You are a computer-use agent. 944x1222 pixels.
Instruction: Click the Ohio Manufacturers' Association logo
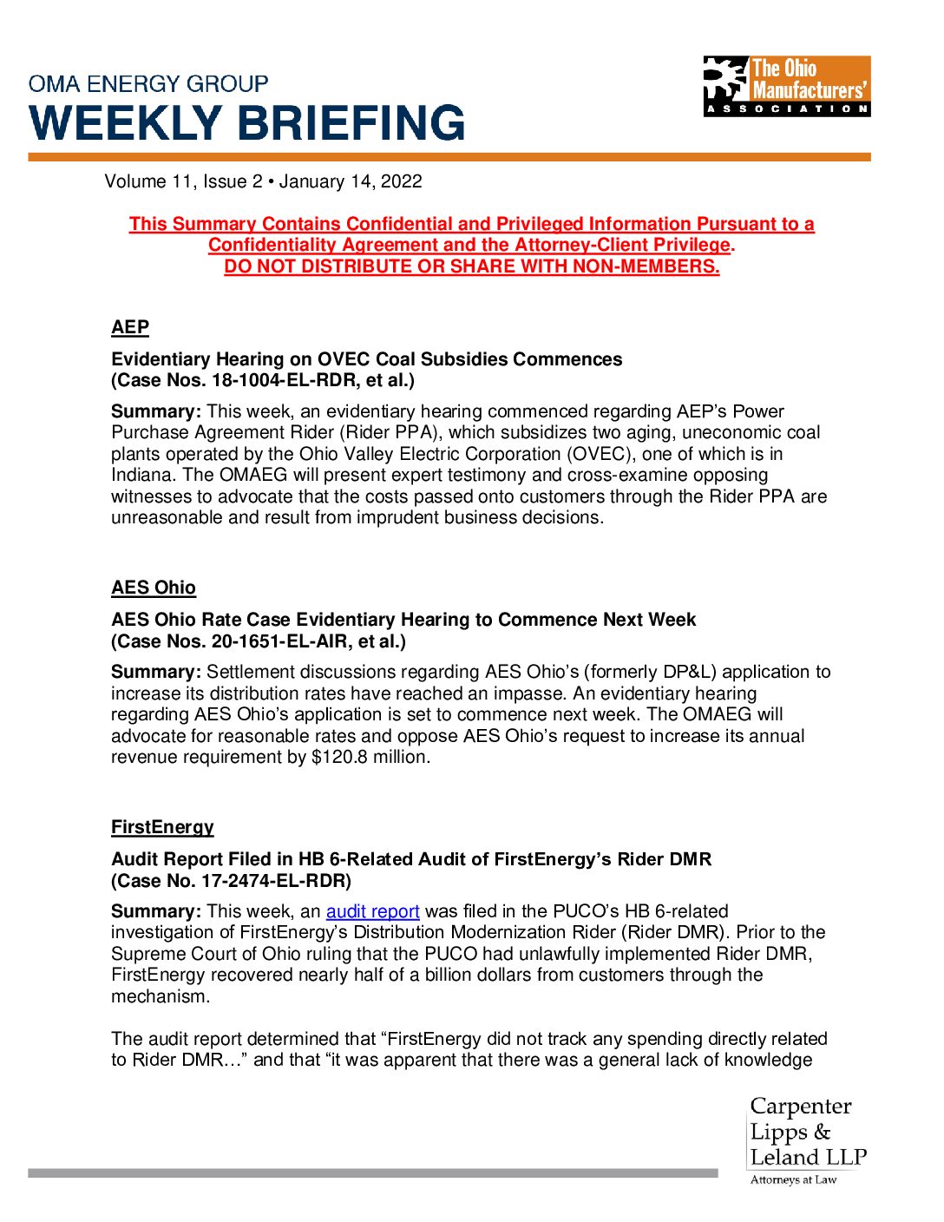click(786, 86)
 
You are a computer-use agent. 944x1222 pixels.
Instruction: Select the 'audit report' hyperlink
click(372, 911)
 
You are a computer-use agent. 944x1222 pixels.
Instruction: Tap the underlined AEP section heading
click(130, 327)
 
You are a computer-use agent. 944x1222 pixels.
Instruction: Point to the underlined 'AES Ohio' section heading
click(154, 588)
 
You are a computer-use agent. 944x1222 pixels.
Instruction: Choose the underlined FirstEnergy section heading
click(162, 827)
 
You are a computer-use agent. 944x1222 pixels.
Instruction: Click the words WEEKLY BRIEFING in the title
click(247, 122)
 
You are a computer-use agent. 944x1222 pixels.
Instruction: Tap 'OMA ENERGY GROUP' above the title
click(148, 84)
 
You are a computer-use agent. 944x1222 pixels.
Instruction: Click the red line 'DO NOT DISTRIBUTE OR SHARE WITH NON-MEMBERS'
click(471, 266)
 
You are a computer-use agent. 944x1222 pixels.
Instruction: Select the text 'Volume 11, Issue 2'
click(183, 181)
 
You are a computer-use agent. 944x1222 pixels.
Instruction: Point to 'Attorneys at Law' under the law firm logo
click(793, 1179)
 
